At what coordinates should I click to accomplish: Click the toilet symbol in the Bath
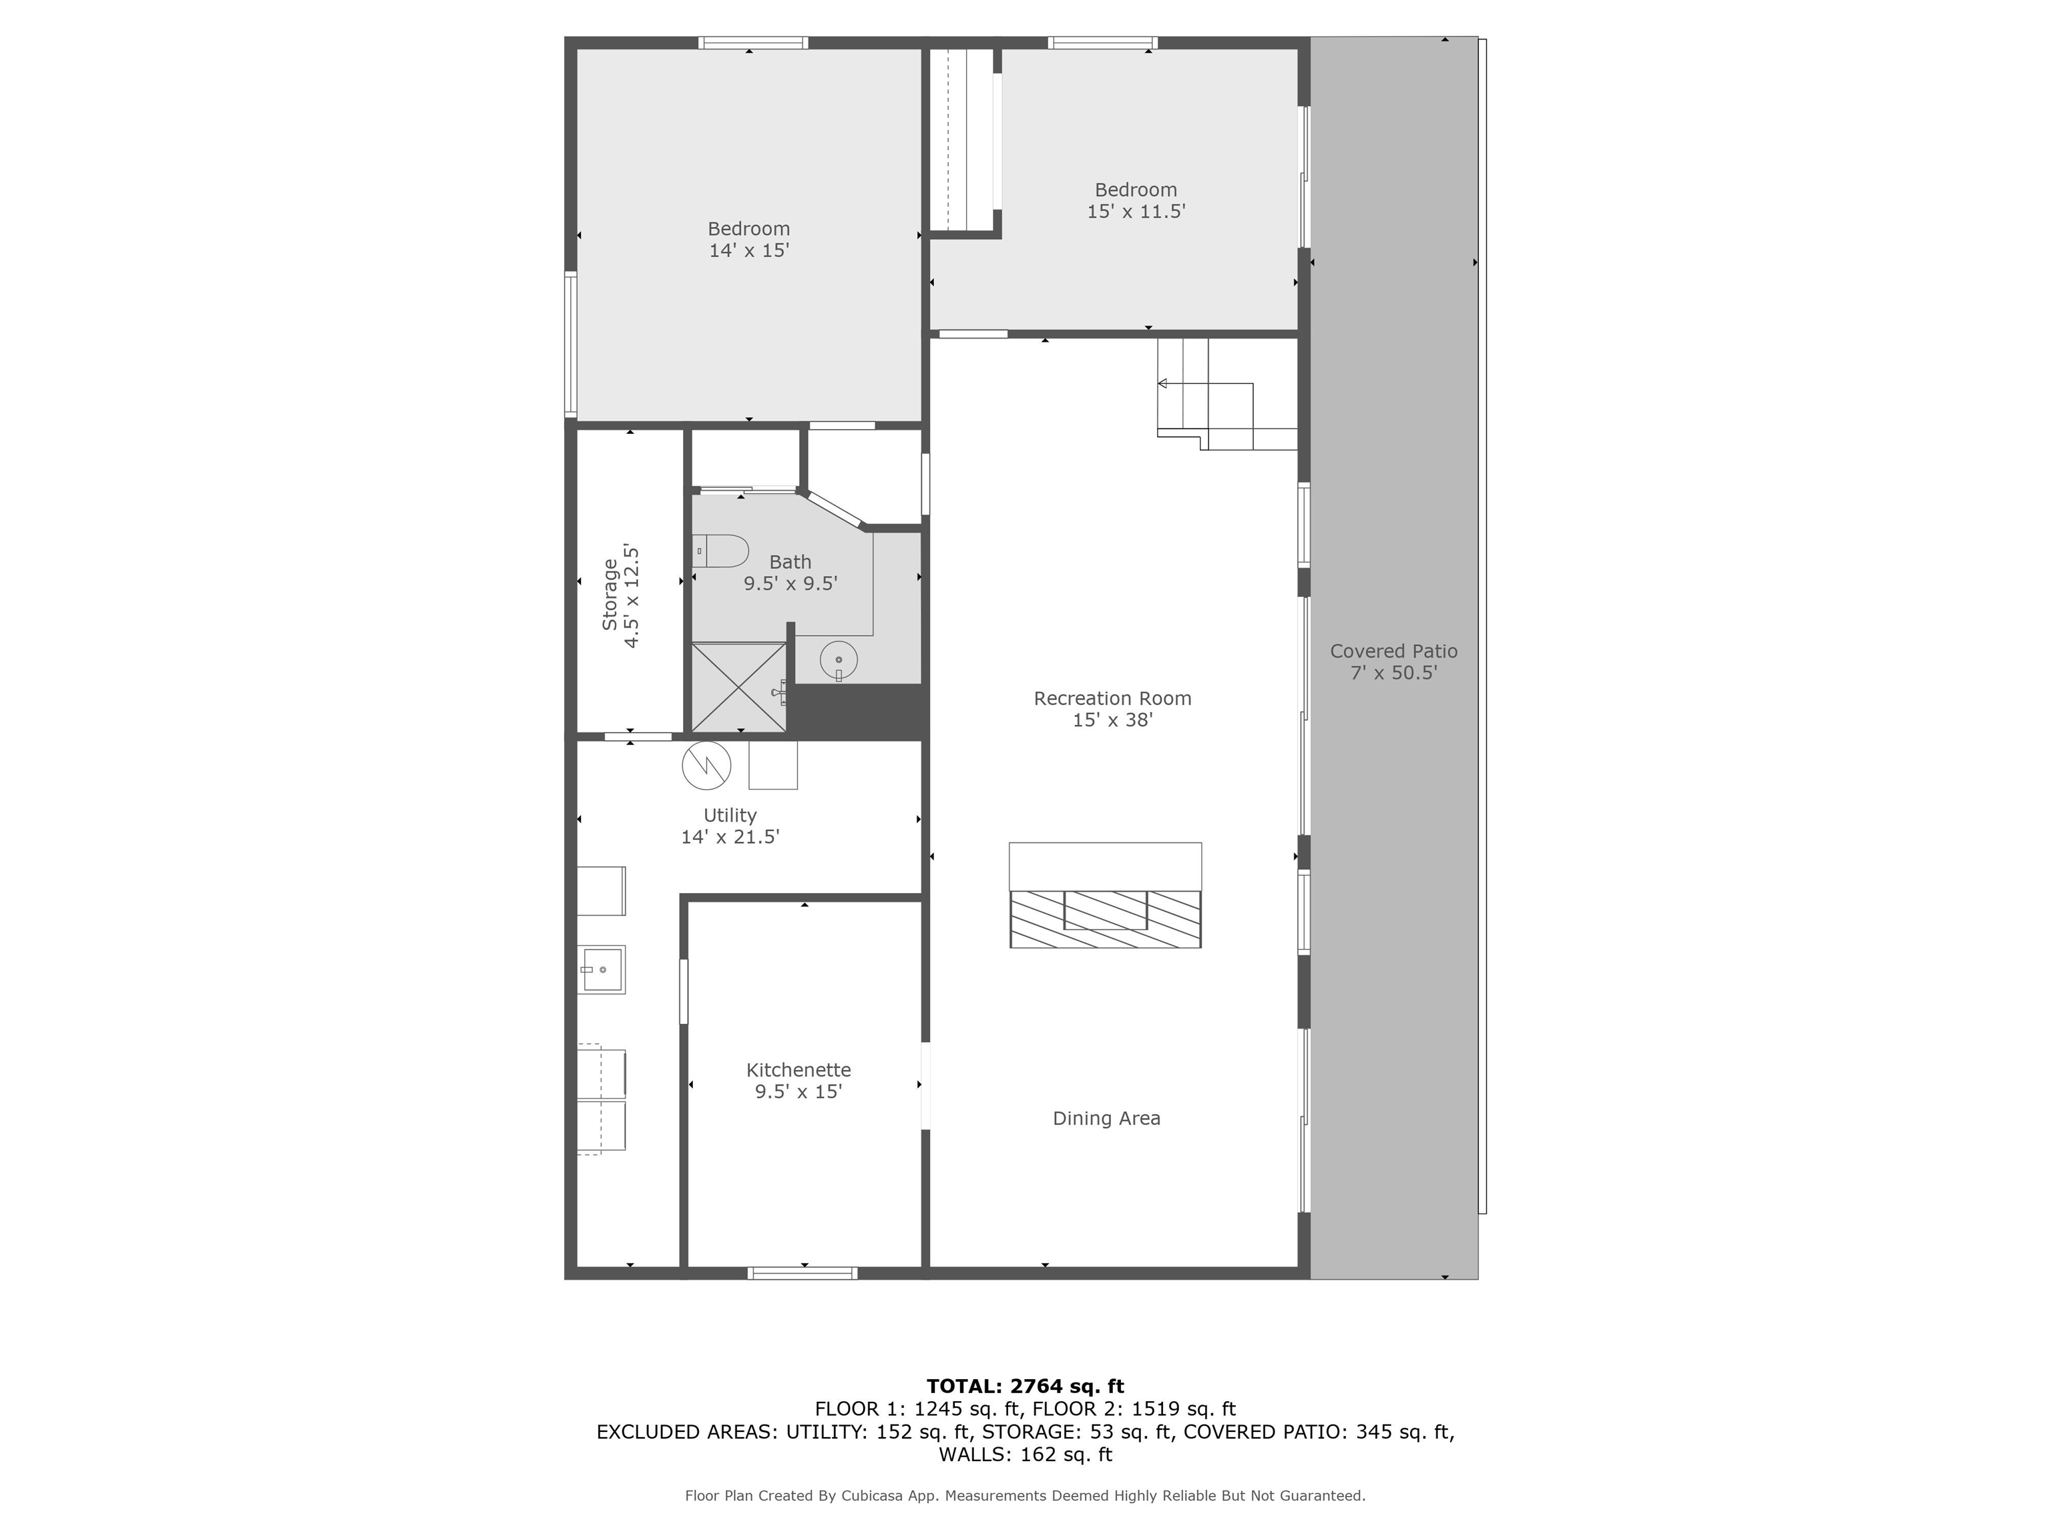coord(721,551)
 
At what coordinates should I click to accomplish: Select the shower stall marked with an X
coord(738,687)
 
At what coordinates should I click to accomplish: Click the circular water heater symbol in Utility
coord(706,766)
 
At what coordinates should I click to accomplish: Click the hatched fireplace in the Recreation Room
coord(1105,919)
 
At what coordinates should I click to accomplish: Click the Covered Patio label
coord(1393,651)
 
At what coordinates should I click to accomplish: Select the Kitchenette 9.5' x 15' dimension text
coord(799,1091)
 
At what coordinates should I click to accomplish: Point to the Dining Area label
coord(1106,1118)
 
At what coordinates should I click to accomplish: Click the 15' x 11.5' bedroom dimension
coord(1136,212)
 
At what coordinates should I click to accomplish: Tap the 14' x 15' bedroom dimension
coord(748,250)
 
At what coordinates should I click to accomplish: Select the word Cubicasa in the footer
coord(873,1495)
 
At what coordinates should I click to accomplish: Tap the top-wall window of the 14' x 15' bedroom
coord(753,43)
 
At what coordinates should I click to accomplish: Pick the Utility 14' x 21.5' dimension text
coord(730,837)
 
